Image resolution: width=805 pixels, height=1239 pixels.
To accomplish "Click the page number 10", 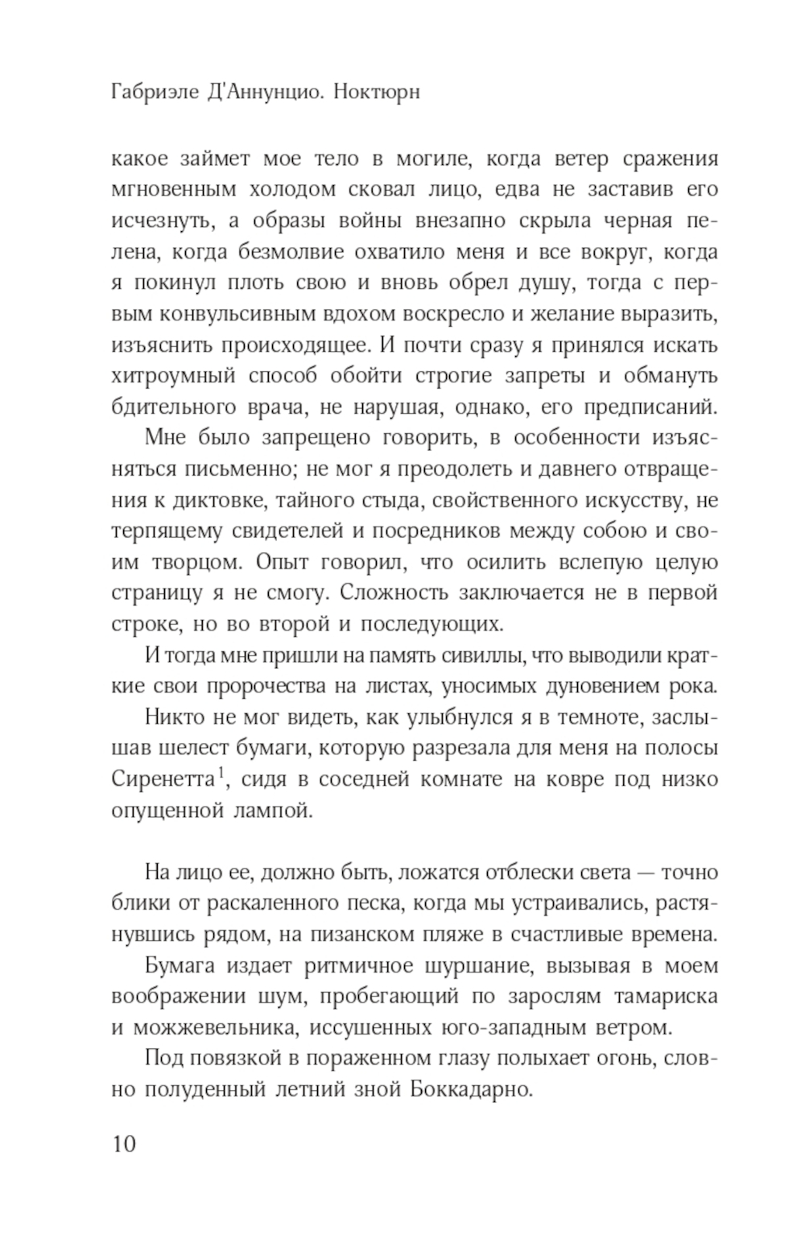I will point(125,1143).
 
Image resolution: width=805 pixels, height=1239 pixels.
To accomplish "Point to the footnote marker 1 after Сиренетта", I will point(221,775).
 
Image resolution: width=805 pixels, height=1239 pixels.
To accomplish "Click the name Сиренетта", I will point(163,779).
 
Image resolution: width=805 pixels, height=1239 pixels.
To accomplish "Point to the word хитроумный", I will point(173,376).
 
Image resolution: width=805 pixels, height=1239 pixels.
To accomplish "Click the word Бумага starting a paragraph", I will point(179,966).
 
